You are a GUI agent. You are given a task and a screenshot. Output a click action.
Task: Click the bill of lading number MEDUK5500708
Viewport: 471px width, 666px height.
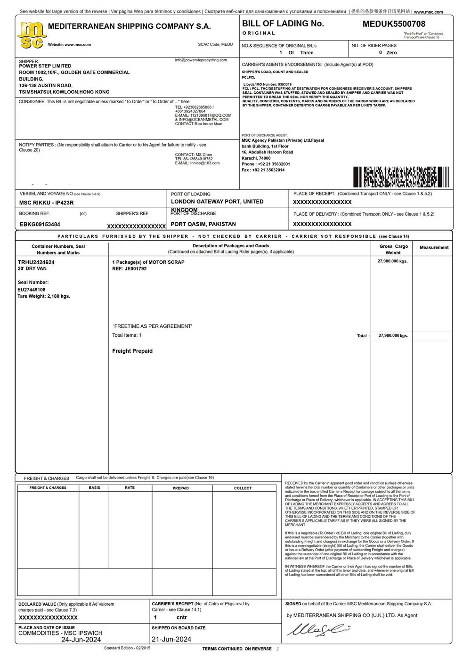click(394, 24)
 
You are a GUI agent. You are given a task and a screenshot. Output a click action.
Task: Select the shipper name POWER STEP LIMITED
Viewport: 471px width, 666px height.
click(45, 66)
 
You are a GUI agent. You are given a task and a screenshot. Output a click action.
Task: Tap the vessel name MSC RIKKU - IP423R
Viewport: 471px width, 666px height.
click(46, 203)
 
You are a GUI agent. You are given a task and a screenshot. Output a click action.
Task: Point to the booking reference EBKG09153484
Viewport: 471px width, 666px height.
click(40, 225)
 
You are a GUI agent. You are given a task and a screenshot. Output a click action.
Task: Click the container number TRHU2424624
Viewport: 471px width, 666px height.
click(36, 262)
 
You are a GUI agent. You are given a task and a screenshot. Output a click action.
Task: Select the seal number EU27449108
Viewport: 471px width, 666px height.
click(32, 290)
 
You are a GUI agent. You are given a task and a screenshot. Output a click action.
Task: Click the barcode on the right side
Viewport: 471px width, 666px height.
click(401, 177)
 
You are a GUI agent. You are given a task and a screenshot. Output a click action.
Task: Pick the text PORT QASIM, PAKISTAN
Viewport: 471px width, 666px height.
click(203, 224)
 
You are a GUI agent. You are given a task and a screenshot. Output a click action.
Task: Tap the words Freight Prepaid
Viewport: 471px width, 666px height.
click(132, 351)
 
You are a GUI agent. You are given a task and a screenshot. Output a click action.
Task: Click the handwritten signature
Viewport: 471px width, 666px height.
click(319, 630)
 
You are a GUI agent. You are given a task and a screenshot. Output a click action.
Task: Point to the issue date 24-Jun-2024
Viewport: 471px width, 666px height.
click(81, 640)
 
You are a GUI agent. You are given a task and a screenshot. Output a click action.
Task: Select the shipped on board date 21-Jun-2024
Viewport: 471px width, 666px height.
click(171, 640)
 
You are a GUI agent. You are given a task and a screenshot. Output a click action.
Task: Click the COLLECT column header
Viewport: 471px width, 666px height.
click(243, 488)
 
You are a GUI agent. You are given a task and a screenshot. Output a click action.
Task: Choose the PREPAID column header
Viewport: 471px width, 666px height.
click(181, 488)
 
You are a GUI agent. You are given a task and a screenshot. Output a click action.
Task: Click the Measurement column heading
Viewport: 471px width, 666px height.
click(434, 247)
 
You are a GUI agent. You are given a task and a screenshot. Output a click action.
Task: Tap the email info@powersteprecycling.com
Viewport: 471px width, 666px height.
click(201, 60)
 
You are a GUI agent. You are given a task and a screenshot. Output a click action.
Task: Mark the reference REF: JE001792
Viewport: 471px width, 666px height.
click(130, 269)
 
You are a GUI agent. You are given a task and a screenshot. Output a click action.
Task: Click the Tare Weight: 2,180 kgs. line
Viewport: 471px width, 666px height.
click(44, 296)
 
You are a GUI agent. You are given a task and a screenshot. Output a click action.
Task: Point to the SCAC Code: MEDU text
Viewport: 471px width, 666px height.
click(215, 44)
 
